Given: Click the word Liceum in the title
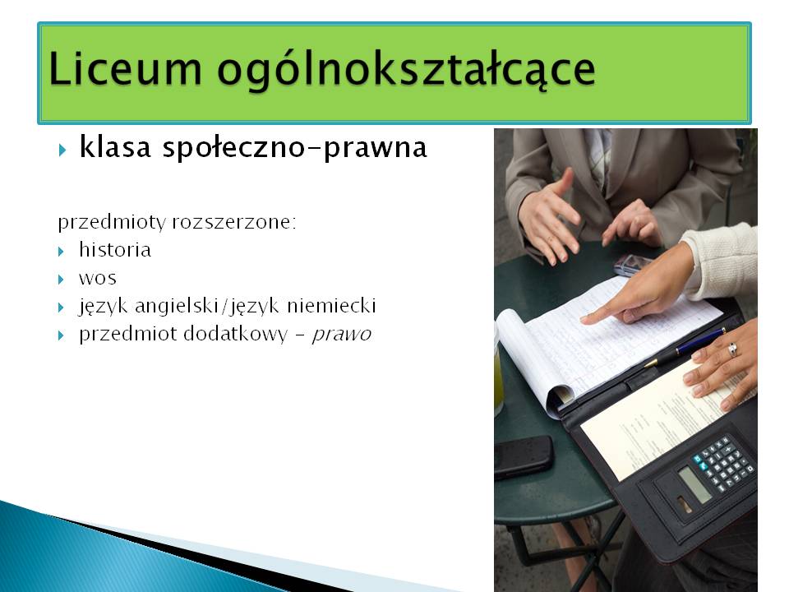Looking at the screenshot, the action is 125,68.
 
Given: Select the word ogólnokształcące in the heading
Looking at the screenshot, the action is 407,71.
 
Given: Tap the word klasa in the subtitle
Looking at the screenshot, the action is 115,147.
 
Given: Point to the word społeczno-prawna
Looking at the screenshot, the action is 295,149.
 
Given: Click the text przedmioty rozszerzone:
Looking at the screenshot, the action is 178,222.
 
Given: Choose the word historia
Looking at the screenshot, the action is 115,249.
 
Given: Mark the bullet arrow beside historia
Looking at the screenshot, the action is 62,252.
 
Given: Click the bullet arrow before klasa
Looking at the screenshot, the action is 62,150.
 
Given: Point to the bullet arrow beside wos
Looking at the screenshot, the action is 62,280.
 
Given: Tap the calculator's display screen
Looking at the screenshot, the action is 695,483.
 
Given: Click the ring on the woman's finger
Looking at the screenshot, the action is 732,349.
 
